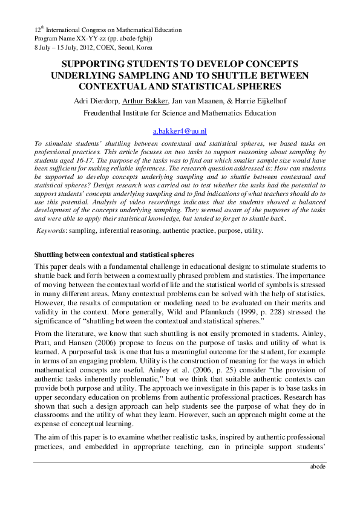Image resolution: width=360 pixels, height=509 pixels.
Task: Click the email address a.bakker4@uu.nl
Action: click(180, 131)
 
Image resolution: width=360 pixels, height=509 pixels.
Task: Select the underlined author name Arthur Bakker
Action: click(143, 100)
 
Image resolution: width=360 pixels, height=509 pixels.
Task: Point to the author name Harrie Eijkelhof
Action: click(261, 100)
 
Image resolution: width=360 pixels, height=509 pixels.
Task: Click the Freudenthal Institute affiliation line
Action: click(180, 112)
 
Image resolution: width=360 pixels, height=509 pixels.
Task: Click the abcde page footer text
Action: click(317, 466)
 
